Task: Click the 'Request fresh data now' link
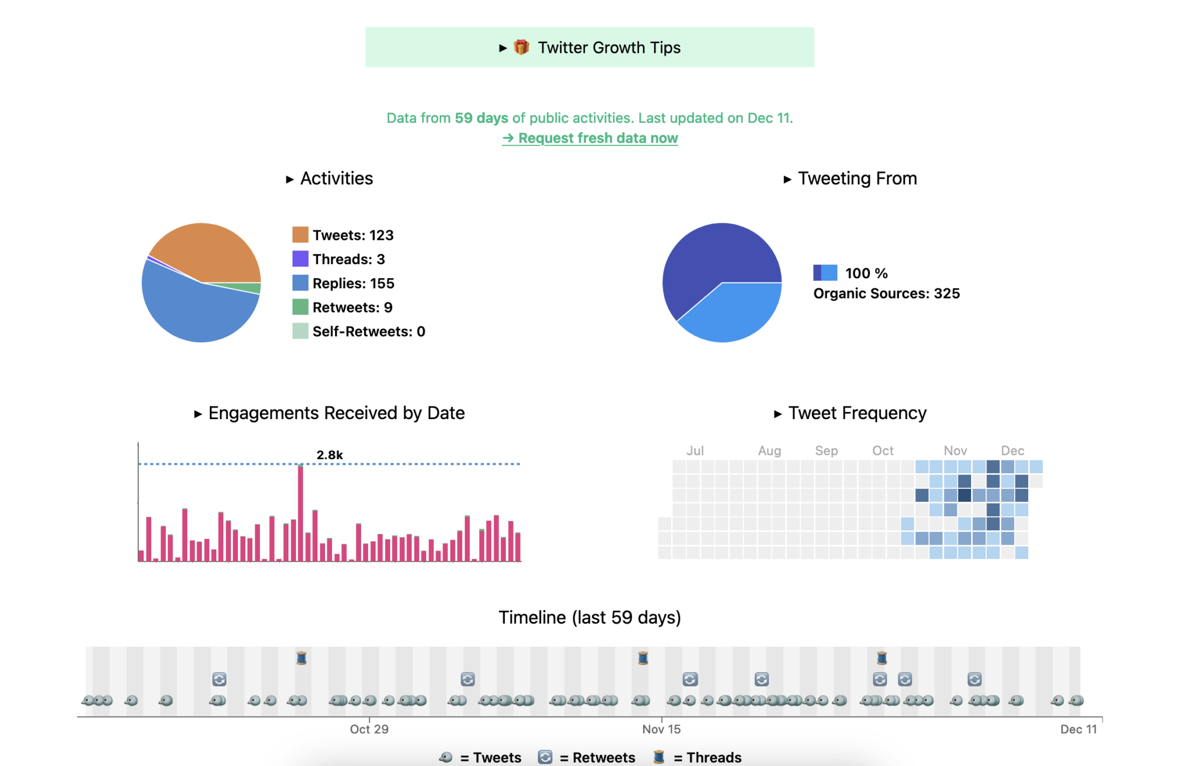(x=590, y=138)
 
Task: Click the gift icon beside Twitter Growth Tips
(x=522, y=47)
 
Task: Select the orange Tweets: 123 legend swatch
(x=300, y=235)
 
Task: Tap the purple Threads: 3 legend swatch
(x=300, y=258)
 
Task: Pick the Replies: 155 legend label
(x=353, y=283)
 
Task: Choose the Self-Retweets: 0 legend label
(x=369, y=331)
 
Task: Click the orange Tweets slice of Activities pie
(x=209, y=250)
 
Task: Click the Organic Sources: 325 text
(x=886, y=293)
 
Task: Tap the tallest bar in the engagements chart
(x=301, y=512)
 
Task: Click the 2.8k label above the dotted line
(x=329, y=455)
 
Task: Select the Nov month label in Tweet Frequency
(x=955, y=451)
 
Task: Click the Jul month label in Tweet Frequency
(x=695, y=451)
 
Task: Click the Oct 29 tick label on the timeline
(x=369, y=729)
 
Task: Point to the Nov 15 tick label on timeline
(x=661, y=729)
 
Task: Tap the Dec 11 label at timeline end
(x=1078, y=729)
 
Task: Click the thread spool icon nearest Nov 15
(x=643, y=658)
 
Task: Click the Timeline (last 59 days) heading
(x=589, y=617)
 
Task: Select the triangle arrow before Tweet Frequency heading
(x=778, y=414)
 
